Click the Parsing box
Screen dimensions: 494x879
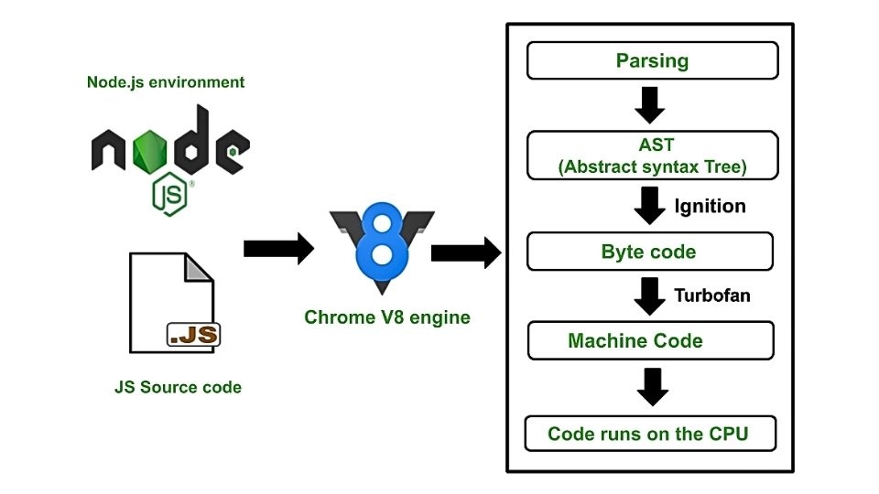point(652,62)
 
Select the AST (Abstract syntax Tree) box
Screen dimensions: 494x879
point(652,156)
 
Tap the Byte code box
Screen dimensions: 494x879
point(649,252)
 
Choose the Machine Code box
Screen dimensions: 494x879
point(650,341)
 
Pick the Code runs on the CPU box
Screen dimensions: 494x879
point(649,434)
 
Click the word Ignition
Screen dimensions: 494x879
point(710,206)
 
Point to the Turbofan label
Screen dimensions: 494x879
point(711,295)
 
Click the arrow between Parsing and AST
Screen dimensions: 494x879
point(650,105)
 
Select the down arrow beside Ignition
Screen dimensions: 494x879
point(650,206)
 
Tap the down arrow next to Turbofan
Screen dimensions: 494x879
point(650,295)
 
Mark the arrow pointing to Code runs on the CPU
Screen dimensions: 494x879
point(652,387)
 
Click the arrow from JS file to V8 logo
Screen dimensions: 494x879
point(278,248)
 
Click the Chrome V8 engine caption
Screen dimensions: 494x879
point(387,318)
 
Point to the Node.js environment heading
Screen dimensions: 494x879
point(166,82)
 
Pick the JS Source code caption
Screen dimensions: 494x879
point(178,387)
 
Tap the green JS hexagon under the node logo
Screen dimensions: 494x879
point(170,195)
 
